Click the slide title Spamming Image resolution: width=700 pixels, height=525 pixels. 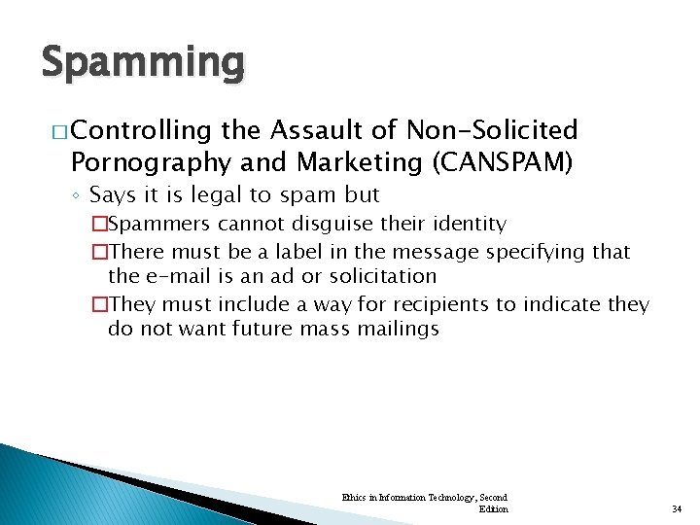coord(144,62)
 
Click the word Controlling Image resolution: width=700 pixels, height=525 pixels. coord(141,130)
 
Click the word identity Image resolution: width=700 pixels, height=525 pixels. coord(462,225)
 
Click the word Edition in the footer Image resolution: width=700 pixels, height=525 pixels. coord(493,508)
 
